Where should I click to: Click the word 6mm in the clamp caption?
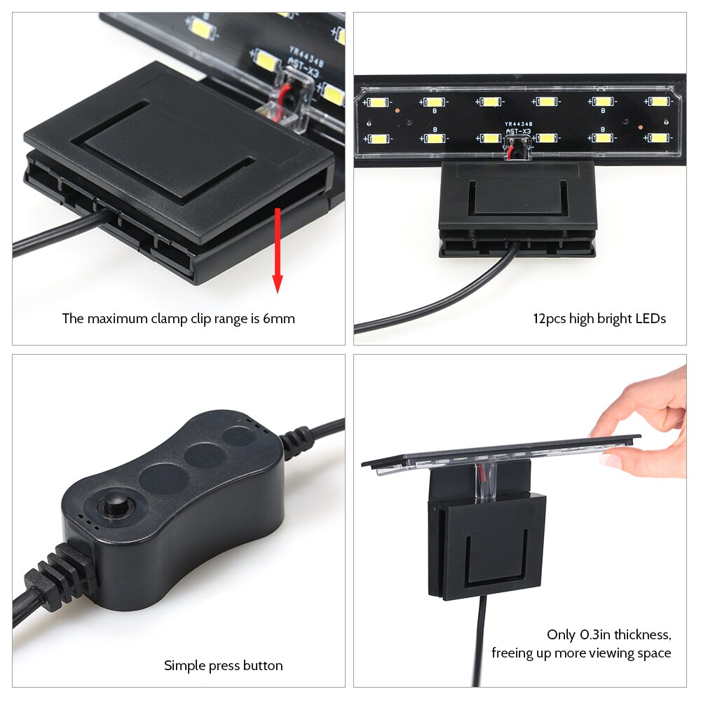pos(279,319)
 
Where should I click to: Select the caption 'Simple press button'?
pos(224,665)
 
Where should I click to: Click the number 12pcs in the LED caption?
pos(549,319)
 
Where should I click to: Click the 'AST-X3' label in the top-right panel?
pos(518,131)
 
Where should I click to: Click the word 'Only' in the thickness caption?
pos(562,635)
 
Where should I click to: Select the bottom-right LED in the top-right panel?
pos(658,137)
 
